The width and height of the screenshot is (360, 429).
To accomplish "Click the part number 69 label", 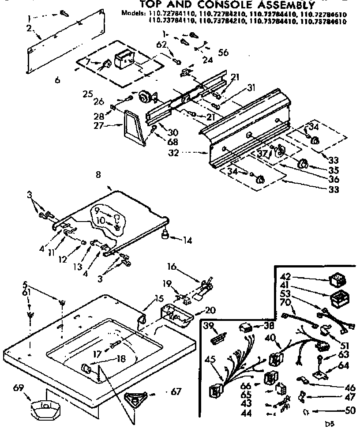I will (18, 388).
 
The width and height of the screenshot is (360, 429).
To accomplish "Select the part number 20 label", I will (210, 310).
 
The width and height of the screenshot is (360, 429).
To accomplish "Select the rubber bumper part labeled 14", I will (166, 234).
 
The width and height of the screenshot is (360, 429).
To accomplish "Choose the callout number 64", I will (344, 365).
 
